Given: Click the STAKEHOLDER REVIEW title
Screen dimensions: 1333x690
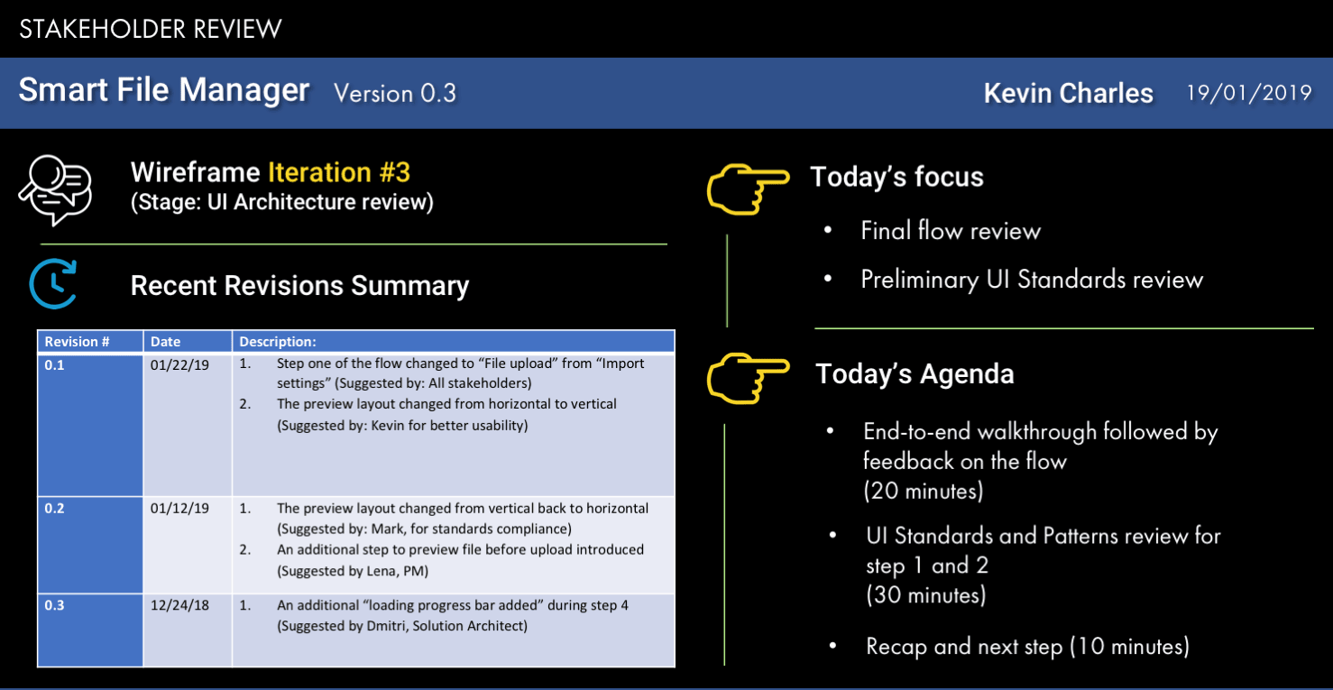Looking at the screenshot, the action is click(150, 29).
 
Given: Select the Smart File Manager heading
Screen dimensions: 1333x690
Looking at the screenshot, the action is click(163, 90).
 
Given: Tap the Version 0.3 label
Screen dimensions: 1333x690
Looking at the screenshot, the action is click(395, 94).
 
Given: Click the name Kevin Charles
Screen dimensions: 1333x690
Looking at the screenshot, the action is click(1068, 94).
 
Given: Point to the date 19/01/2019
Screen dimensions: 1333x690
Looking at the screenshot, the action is click(1249, 93).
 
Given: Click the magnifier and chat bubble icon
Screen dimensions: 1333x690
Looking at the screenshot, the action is click(55, 190).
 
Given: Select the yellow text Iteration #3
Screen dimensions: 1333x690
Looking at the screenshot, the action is click(339, 172).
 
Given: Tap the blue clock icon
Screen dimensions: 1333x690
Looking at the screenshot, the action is click(53, 284).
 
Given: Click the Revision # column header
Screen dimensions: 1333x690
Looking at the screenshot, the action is click(77, 342).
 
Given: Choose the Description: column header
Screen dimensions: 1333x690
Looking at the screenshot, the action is click(277, 342).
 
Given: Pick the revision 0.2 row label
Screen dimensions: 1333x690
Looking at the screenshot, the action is click(54, 509).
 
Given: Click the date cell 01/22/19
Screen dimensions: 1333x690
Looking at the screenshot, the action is click(179, 365).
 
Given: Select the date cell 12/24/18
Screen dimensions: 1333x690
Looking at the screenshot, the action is click(179, 605).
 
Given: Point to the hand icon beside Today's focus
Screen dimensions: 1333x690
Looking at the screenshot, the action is click(748, 189).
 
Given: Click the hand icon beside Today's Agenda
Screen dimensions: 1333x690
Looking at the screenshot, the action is click(748, 378).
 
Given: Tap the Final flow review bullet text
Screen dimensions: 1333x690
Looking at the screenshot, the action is click(951, 231).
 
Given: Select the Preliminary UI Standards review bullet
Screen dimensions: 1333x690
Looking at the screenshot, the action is click(1032, 280).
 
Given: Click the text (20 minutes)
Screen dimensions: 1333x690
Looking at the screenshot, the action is click(923, 492).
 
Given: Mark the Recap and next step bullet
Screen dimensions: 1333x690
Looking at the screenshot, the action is click(1028, 647).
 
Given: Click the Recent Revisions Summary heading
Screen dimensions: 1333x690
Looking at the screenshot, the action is click(300, 285).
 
